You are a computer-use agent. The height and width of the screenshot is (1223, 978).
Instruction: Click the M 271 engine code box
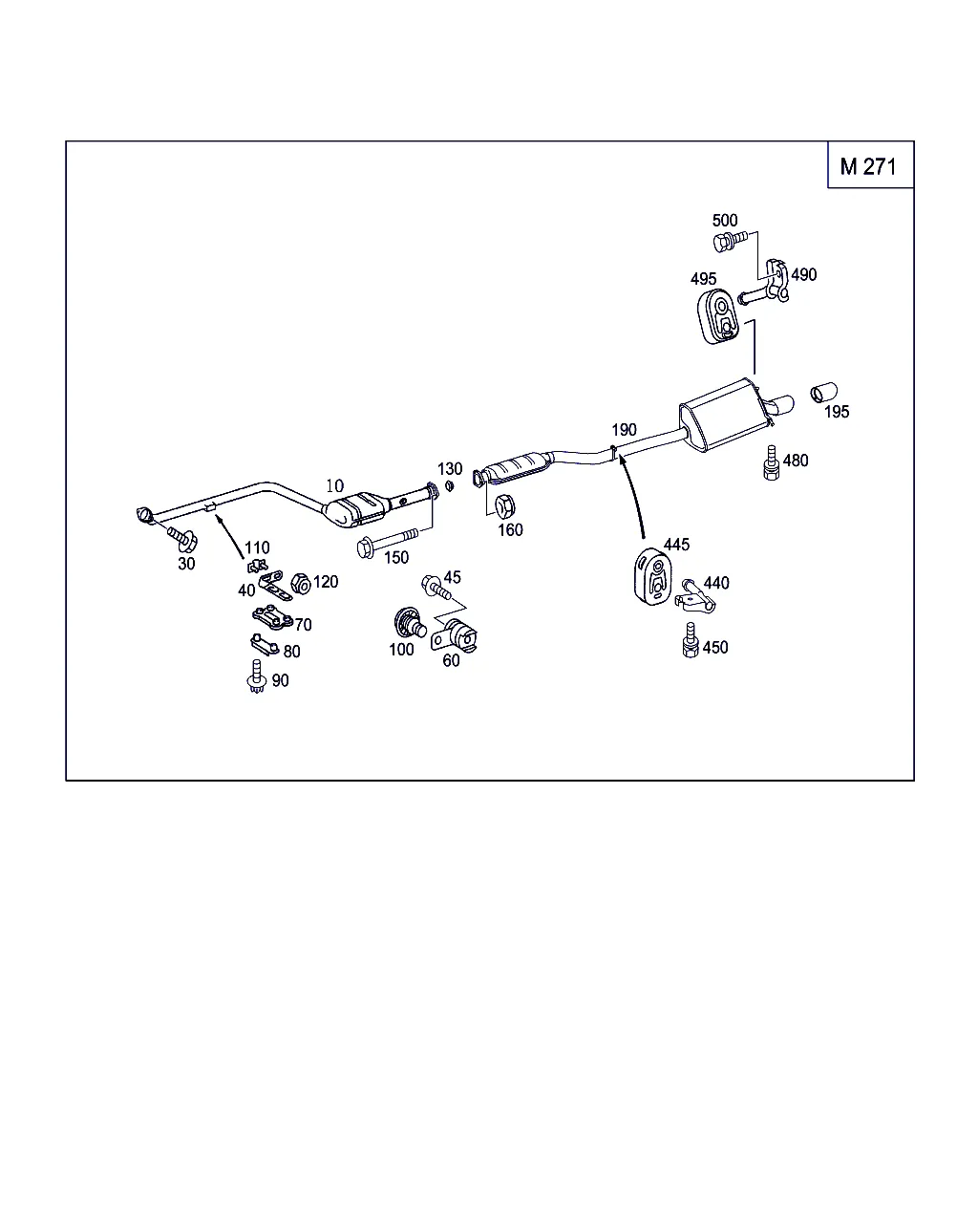[869, 165]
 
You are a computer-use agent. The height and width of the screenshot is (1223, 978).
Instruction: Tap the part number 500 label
[725, 221]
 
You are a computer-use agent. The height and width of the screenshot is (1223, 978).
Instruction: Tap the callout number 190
[624, 430]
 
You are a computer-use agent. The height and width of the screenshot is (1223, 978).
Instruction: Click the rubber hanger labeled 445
[653, 577]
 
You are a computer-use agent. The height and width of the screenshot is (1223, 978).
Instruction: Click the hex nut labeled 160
[505, 504]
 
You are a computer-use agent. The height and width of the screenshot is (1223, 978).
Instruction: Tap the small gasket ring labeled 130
[450, 485]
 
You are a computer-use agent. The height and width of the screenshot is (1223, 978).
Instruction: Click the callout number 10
[334, 486]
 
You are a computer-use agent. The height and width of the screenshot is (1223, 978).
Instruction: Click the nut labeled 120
[299, 582]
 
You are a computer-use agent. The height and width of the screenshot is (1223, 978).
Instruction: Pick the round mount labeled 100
[409, 623]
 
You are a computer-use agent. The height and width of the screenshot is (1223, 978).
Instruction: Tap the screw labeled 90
[255, 676]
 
